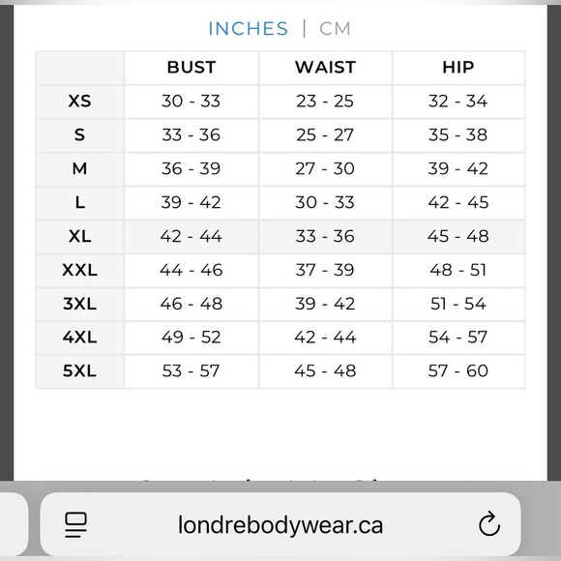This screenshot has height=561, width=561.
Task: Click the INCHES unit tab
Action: pos(248,28)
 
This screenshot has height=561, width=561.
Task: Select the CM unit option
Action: pos(335,28)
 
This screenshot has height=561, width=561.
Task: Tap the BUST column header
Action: pos(192,68)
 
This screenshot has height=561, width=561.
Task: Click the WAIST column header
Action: pos(325,68)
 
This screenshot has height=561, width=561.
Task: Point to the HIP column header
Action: pos(458,68)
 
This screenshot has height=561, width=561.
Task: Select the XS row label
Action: pos(79,102)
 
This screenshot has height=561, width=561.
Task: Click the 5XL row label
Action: pos(79,371)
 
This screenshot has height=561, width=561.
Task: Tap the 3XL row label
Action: pos(79,304)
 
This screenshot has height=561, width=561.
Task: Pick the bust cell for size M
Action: pos(192,169)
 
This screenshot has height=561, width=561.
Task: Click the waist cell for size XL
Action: pos(325,236)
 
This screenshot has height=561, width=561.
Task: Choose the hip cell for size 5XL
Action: pos(458,371)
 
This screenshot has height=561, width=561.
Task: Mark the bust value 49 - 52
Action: pos(192,338)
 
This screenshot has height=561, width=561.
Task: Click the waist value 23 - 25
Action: pos(325,102)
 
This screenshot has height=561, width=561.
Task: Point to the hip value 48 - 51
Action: pos(458,270)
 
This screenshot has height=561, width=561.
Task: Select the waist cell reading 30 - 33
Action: pos(325,203)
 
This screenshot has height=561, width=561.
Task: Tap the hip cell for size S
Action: pos(458,135)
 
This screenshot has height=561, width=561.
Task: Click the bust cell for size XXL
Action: pos(192,270)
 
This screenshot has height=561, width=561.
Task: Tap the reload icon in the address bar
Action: pos(489,525)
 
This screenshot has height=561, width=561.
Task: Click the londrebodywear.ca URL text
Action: pos(280,525)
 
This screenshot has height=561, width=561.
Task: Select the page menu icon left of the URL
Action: pos(76,525)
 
